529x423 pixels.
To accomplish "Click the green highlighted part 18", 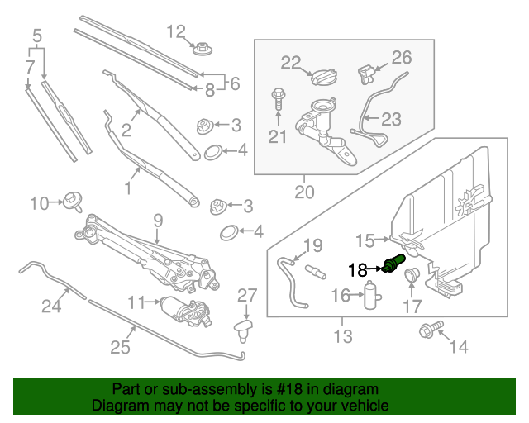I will coord(393,266).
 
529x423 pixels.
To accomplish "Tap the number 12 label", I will coord(177,32).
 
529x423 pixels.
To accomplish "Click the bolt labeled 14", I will coord(428,331).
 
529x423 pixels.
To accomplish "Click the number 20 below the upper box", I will coord(304,192).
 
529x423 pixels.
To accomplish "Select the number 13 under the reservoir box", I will coord(342,336).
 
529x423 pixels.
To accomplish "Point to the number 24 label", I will coord(52,307).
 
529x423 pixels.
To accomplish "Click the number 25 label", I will coord(121,347).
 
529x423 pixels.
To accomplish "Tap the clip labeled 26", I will coord(364,74).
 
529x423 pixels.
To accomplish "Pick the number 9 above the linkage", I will coord(156,220).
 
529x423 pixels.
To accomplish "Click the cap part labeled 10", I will coord(73,200).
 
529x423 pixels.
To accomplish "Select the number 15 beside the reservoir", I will coord(365,241).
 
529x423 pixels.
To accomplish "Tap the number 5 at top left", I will coord(36,36).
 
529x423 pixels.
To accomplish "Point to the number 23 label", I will coord(390,119).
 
